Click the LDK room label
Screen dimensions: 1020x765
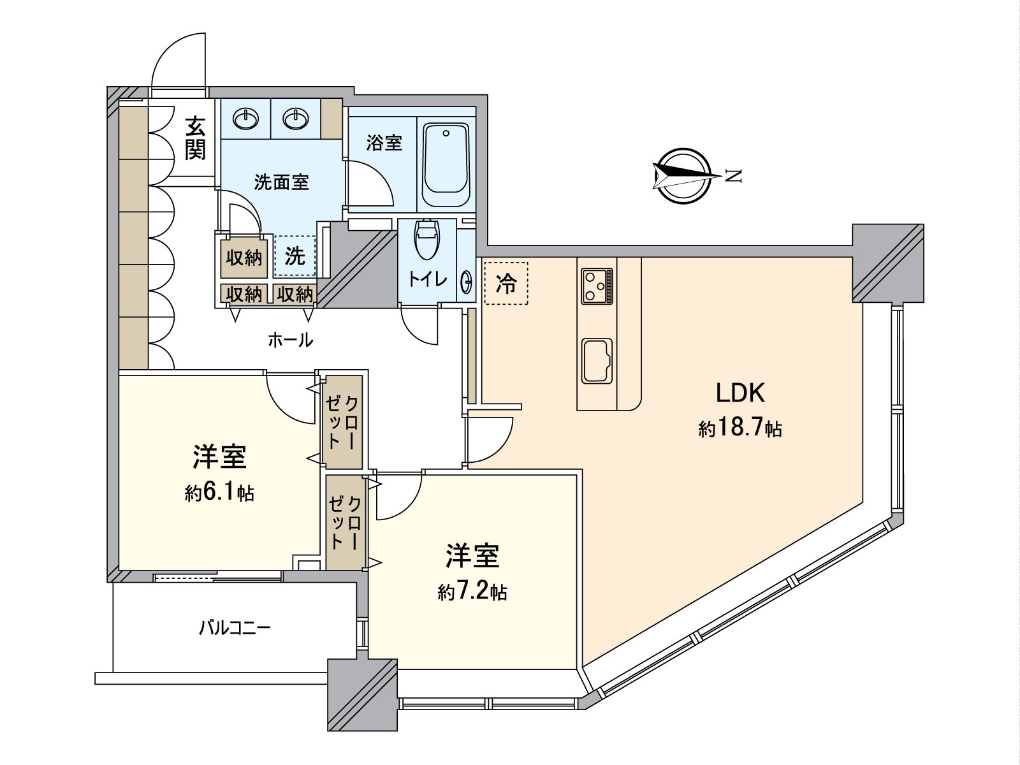point(740,393)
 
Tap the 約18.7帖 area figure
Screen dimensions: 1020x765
point(739,428)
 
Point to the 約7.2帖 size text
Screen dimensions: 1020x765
point(472,592)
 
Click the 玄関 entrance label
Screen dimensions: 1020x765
point(195,138)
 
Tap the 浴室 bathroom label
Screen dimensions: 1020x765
point(384,143)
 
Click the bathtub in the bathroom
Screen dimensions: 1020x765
point(446,164)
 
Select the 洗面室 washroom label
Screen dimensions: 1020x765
point(281,182)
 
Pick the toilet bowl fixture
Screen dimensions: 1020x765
point(426,239)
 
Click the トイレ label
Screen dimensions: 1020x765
point(427,279)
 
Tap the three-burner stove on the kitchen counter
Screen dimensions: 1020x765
point(597,287)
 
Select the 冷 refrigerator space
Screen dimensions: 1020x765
point(506,283)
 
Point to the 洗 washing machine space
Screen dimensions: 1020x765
point(295,256)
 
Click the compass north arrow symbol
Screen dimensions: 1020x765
point(681,176)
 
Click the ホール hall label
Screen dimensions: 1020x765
point(291,340)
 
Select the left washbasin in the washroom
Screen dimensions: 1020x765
point(245,119)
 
